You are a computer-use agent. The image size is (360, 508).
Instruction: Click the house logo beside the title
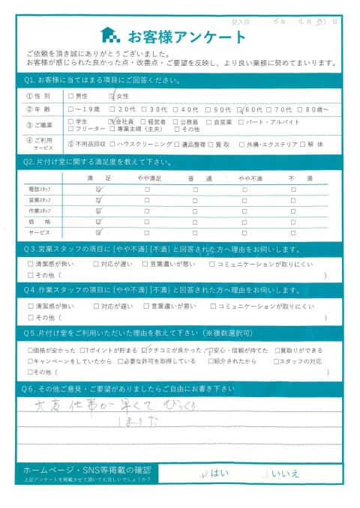point(109,35)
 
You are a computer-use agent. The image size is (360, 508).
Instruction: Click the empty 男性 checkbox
point(70,96)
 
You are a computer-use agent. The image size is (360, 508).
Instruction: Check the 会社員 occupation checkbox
point(113,121)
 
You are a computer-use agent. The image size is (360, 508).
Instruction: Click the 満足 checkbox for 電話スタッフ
point(98,191)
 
